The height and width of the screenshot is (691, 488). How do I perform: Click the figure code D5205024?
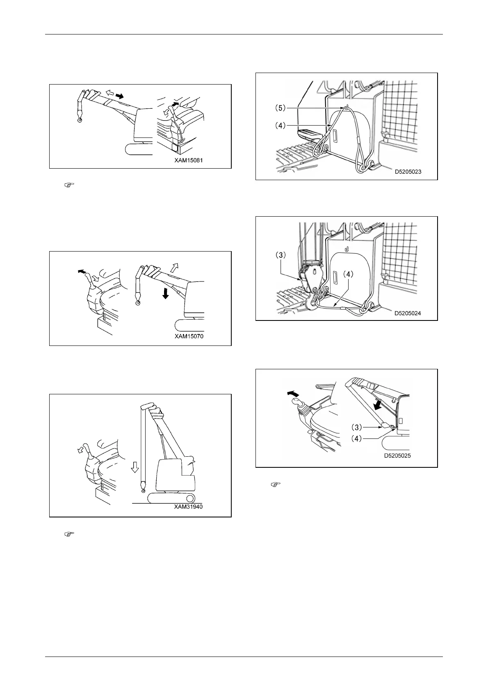[x=408, y=313]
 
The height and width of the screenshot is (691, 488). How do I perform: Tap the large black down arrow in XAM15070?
[x=165, y=294]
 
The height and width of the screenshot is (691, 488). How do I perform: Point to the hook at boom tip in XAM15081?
[x=79, y=120]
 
